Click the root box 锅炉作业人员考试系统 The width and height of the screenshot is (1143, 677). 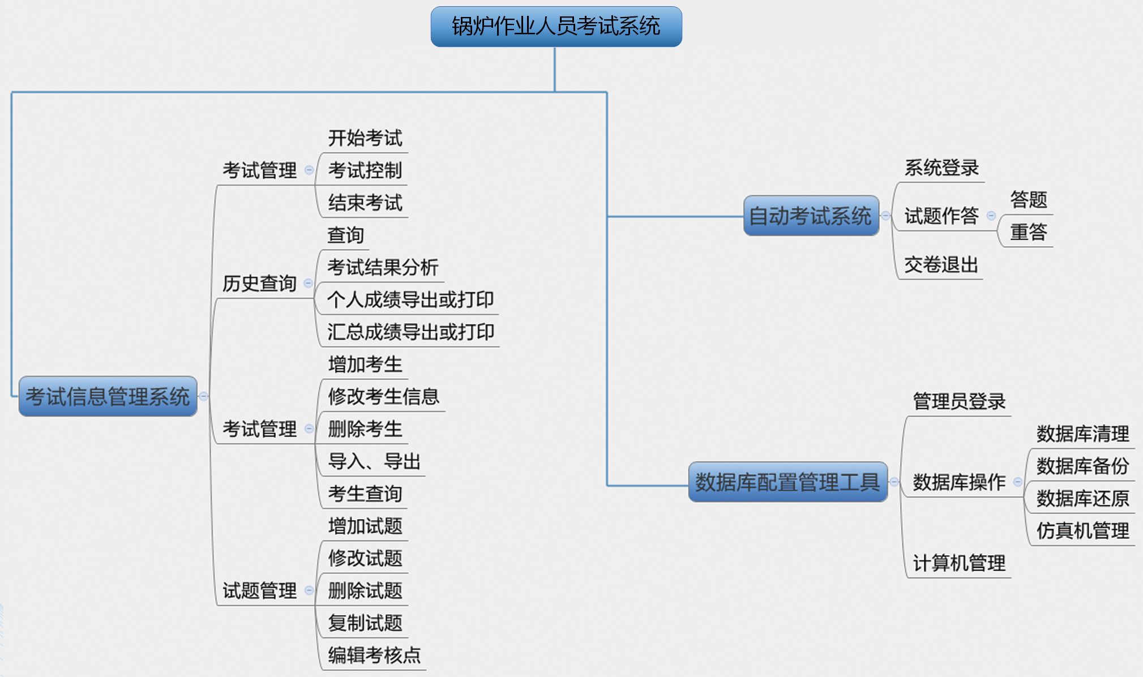(x=556, y=27)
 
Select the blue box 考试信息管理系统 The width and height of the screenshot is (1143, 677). (x=108, y=396)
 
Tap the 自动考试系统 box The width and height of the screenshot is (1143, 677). (x=811, y=216)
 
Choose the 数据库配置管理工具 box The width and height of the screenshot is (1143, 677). (x=787, y=482)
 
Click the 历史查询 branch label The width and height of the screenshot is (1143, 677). (x=259, y=283)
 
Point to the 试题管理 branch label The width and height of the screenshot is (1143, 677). (x=259, y=590)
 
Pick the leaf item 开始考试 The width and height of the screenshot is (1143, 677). (x=365, y=138)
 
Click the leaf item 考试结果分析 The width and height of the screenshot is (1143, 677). (x=383, y=267)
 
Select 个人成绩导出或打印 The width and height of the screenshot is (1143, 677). (x=410, y=299)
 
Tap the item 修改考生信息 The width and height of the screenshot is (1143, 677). (x=383, y=396)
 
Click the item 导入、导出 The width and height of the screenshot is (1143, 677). (x=374, y=461)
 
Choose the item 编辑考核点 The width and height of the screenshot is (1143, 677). (x=374, y=655)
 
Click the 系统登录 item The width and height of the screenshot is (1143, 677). (x=941, y=168)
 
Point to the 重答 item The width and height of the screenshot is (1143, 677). (x=1029, y=232)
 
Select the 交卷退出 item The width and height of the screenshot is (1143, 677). (x=941, y=264)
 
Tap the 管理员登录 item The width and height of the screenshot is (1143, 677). (x=959, y=401)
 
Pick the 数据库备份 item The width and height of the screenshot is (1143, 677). (x=1082, y=466)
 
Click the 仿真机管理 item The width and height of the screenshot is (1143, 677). (x=1082, y=530)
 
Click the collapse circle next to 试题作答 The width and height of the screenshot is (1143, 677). (x=991, y=216)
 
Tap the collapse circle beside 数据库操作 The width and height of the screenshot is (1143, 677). (x=1018, y=482)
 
